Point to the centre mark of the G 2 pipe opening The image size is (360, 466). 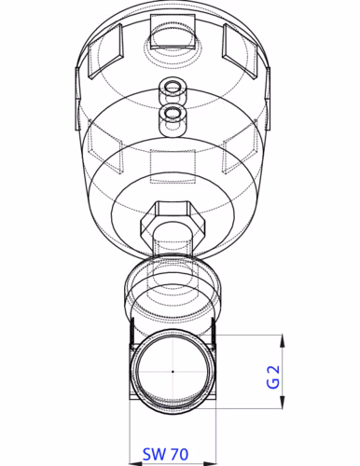coord(173,371)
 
